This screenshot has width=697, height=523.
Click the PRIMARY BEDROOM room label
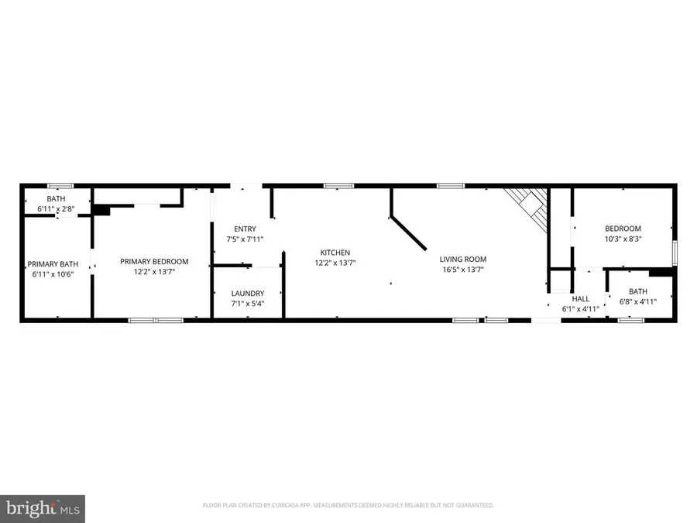tap(154, 262)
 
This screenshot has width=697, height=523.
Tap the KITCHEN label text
tap(335, 253)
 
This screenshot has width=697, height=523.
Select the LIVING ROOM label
tap(463, 260)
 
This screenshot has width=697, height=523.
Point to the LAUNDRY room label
tap(248, 293)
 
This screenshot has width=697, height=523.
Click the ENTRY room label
tap(245, 229)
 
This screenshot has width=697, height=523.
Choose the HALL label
tap(580, 298)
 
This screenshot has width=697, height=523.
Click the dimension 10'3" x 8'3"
tap(623, 239)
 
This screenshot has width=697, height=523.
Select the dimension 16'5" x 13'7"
tap(463, 270)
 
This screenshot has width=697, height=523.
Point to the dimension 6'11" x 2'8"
tap(56, 209)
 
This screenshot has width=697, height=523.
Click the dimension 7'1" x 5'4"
tap(248, 303)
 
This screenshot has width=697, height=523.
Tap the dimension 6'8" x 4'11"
tap(639, 302)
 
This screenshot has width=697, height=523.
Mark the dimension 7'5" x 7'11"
tap(245, 239)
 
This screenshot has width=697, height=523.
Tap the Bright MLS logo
tap(43, 509)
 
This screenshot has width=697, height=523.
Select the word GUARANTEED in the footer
tap(472, 505)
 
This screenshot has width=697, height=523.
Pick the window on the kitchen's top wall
tap(338, 186)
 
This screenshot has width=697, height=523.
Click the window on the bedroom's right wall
tap(674, 253)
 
